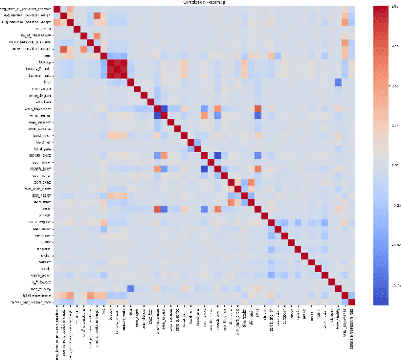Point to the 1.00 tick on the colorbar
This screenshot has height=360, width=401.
(x=393, y=6)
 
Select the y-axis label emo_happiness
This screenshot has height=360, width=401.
(x=38, y=108)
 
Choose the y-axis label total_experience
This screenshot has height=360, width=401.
(x=38, y=294)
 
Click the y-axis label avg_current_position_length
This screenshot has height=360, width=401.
(x=28, y=16)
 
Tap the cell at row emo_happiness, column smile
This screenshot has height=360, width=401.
(x=258, y=109)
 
